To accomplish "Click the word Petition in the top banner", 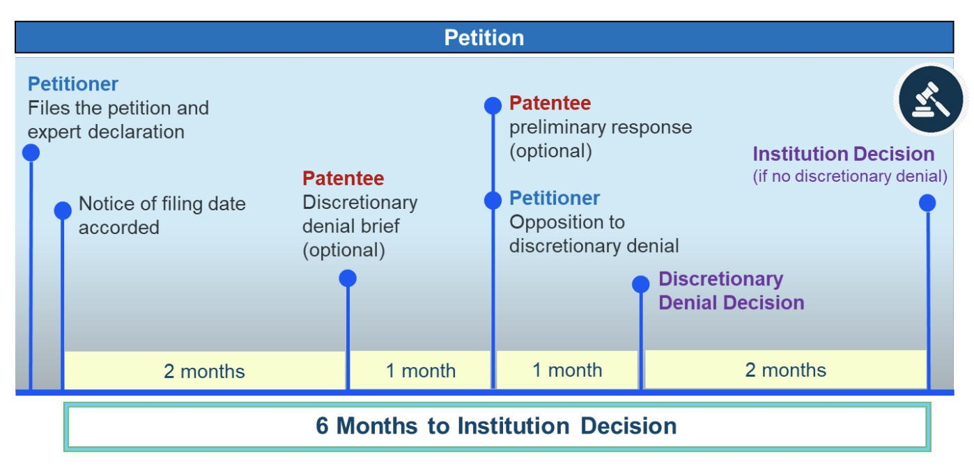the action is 484,38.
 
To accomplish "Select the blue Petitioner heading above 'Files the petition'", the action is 73,84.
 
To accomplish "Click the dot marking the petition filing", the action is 31,153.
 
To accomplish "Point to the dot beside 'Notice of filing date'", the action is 63,210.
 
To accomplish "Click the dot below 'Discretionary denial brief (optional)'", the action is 348,278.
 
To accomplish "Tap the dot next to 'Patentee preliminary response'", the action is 493,106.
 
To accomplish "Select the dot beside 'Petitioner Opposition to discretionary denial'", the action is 493,201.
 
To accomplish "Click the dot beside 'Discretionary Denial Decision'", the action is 641,284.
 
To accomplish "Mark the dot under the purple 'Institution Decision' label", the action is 927,203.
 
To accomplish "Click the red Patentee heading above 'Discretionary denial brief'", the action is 343,178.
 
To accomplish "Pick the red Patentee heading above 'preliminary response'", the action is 550,103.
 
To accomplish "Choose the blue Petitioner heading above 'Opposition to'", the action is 555,198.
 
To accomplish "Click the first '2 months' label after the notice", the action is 204,371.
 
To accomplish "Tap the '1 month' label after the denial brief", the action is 421,370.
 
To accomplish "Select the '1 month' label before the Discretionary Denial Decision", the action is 567,370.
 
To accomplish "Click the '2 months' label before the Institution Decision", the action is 786,370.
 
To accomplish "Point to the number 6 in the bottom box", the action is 322,426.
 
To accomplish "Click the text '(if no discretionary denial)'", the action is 850,176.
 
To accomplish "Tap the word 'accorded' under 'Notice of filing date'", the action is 119,227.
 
